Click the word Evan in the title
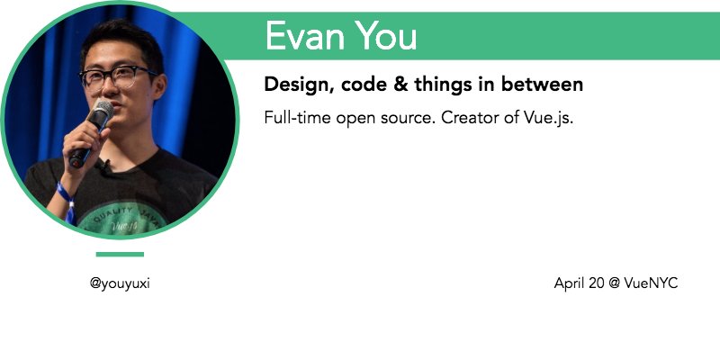(x=305, y=36)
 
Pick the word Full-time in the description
(x=297, y=118)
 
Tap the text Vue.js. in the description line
(x=549, y=119)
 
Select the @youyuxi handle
(x=120, y=283)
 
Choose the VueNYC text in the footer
(x=651, y=283)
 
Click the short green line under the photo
(x=120, y=255)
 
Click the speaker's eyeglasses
(x=117, y=77)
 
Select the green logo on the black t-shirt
(x=121, y=220)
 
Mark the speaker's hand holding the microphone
(x=84, y=142)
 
